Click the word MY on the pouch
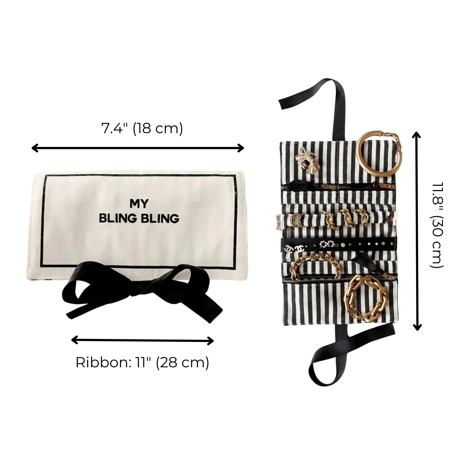coord(139,204)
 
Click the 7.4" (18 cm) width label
coord(142,128)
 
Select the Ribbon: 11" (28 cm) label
coord(142,363)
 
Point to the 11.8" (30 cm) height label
coord(437,225)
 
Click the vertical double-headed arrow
coord(417,231)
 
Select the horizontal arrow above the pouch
coord(138,148)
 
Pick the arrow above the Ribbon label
coord(142,340)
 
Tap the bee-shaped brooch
coord(307,161)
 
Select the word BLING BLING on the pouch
coord(139,218)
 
